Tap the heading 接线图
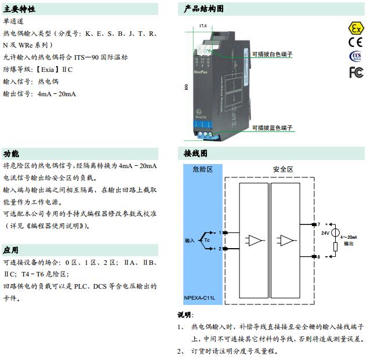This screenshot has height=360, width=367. click(195, 154)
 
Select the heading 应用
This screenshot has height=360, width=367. click(11, 250)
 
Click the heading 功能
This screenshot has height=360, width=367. click(11, 154)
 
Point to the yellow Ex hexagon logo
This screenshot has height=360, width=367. click(355, 28)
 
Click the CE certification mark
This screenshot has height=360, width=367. click(355, 42)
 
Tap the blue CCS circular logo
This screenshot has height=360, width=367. click(355, 56)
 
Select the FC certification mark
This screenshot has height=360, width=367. click(355, 72)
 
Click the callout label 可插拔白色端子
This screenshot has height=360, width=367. click(271, 54)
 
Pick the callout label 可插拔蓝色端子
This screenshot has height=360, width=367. click(271, 128)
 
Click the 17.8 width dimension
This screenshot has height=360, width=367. click(202, 26)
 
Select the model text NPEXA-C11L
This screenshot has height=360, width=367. click(199, 297)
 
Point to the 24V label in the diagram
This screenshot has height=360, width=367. click(325, 232)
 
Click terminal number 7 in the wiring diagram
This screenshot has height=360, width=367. click(318, 224)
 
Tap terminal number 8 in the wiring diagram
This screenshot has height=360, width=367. click(318, 256)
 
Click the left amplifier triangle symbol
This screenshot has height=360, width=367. click(253, 240)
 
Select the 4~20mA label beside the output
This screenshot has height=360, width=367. click(348, 238)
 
